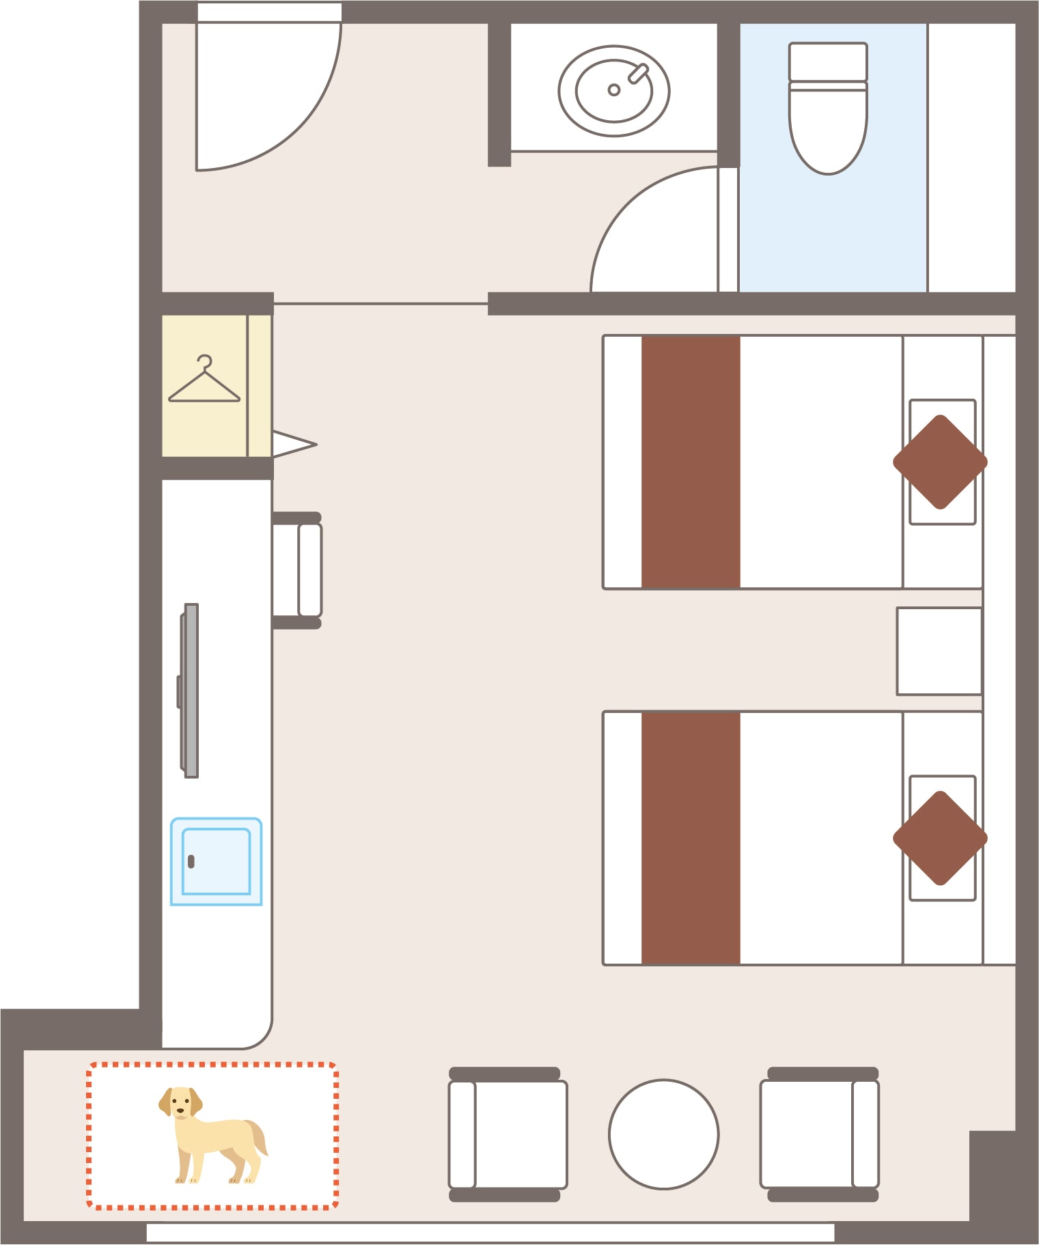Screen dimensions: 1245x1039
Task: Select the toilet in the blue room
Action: (x=828, y=123)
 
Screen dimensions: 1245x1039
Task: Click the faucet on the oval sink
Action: (x=639, y=72)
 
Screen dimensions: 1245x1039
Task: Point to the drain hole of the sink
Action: (x=613, y=90)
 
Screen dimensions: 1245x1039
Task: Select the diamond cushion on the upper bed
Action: (x=940, y=462)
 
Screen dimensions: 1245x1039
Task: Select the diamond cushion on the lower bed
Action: (x=940, y=838)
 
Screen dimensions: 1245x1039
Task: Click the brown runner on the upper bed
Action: (x=691, y=462)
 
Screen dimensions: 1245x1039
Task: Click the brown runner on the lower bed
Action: (x=691, y=838)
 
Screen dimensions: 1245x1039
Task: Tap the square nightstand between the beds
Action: (x=939, y=651)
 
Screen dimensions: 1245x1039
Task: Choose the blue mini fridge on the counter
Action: (x=216, y=861)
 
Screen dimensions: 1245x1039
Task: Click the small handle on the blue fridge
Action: (x=191, y=862)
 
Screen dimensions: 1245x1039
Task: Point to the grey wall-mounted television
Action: (x=191, y=690)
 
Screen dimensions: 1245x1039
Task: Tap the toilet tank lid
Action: (x=828, y=62)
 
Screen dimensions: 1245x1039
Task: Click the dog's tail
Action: (x=258, y=1136)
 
